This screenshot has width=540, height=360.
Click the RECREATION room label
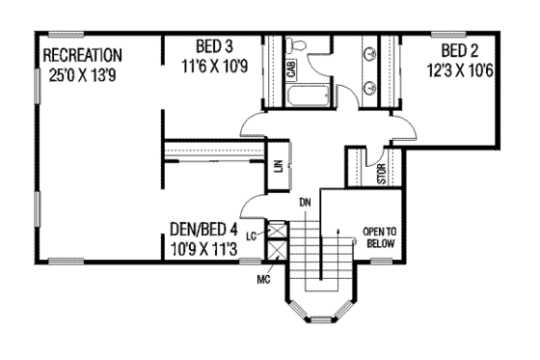(x=83, y=54)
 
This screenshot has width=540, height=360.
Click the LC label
(x=251, y=235)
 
